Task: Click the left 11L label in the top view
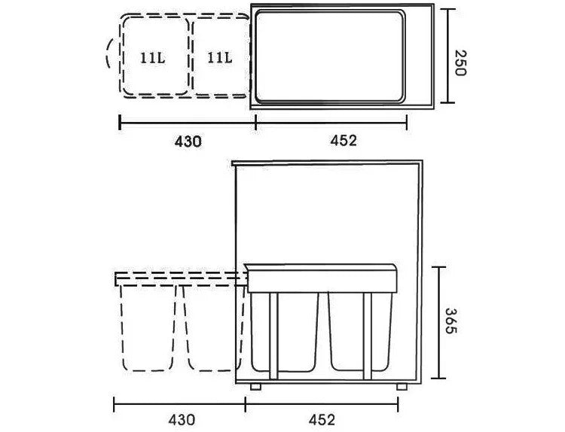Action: click(x=152, y=57)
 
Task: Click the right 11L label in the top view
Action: click(x=219, y=57)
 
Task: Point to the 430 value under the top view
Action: click(x=188, y=141)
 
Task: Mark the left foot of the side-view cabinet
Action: click(x=256, y=386)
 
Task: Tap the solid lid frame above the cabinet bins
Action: click(x=322, y=278)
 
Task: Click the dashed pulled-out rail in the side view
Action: click(x=181, y=278)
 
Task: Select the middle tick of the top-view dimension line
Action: click(x=256, y=123)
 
